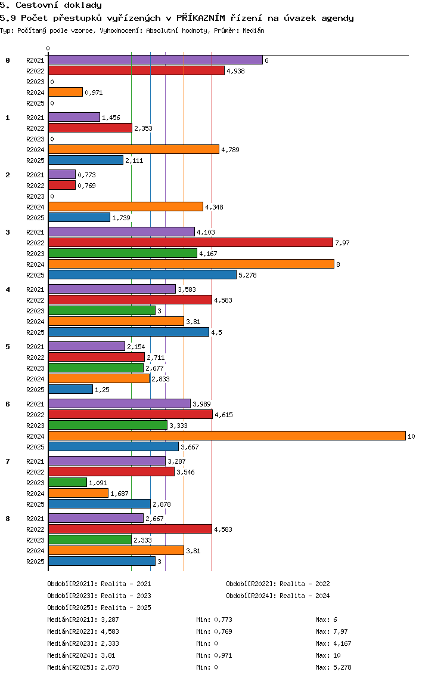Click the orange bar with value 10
pyautogui.click(x=227, y=436)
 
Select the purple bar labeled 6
pyautogui.click(x=156, y=60)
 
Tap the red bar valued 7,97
pyautogui.click(x=191, y=242)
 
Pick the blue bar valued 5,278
pyautogui.click(x=142, y=275)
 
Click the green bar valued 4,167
pyautogui.click(x=123, y=254)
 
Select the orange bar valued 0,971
pyautogui.click(x=65, y=92)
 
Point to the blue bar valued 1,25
pyautogui.click(x=70, y=389)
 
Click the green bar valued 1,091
pyautogui.click(x=67, y=482)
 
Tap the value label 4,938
pyautogui.click(x=236, y=71)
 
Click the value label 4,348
pyautogui.click(x=214, y=207)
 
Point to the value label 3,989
pyautogui.click(x=201, y=404)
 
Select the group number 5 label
pyautogui.click(x=8, y=347)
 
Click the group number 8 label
pyautogui.click(x=8, y=519)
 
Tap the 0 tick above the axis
pyautogui.click(x=48, y=49)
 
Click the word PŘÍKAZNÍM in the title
pyautogui.click(x=201, y=18)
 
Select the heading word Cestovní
pyautogui.click(x=37, y=5)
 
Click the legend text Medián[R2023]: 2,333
pyautogui.click(x=83, y=643)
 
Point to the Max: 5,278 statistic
pyautogui.click(x=333, y=667)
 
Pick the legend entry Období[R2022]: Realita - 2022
pyautogui.click(x=278, y=584)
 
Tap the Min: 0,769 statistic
pyautogui.click(x=214, y=631)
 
